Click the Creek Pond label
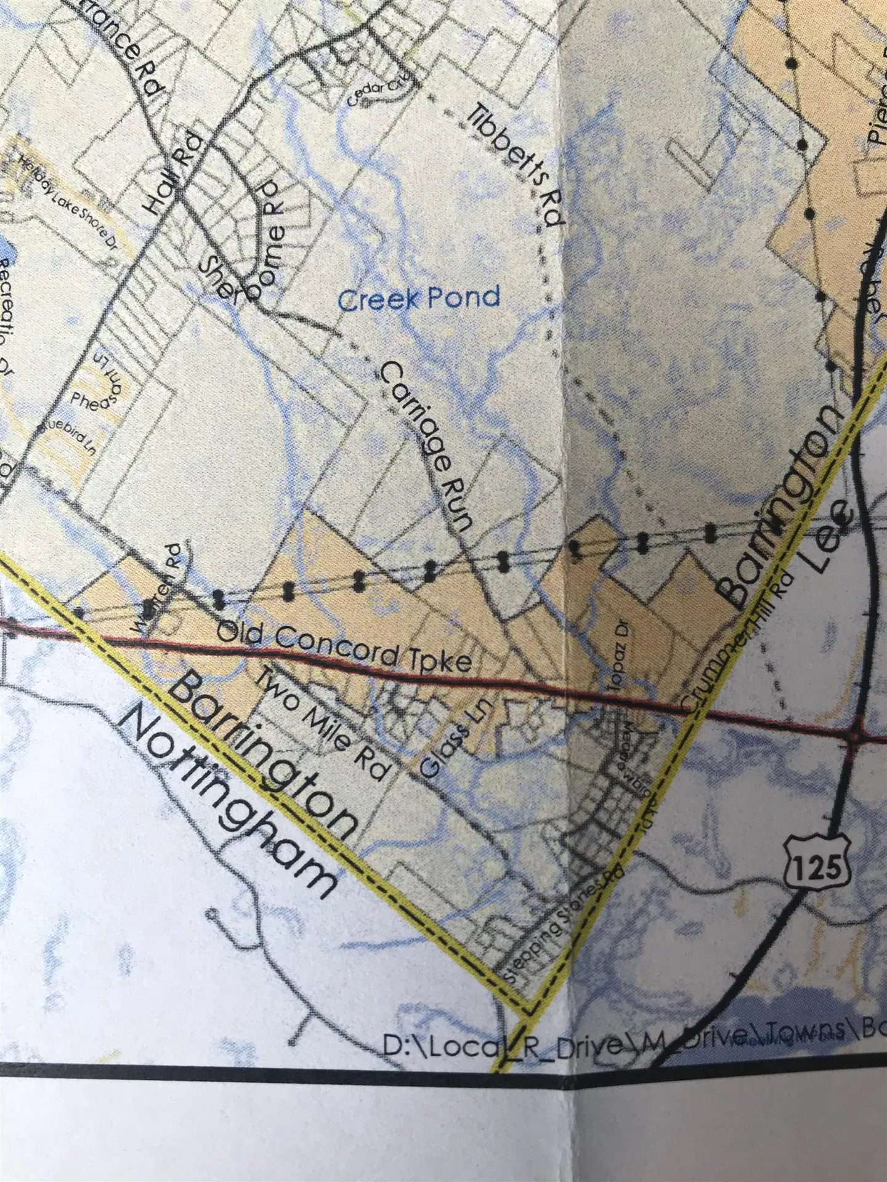(419, 299)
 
